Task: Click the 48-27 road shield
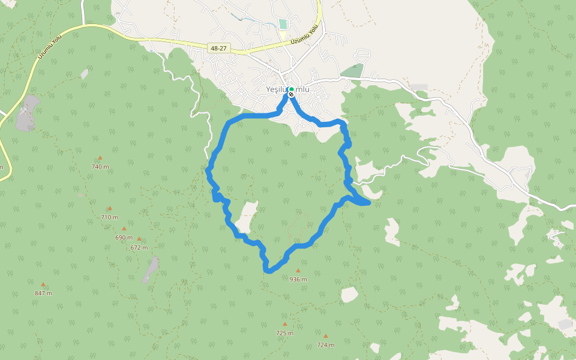click(x=218, y=47)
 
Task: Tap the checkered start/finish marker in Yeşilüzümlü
click(x=291, y=94)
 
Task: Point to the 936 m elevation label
click(x=298, y=279)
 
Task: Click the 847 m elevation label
click(x=43, y=293)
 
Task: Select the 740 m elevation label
click(x=100, y=166)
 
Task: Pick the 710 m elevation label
click(x=109, y=217)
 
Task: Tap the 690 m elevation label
click(x=124, y=237)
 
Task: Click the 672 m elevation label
click(x=139, y=247)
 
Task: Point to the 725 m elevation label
click(x=284, y=332)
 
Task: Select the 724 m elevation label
click(x=325, y=344)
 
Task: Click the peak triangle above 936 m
click(x=298, y=271)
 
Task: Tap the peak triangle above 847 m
click(x=43, y=284)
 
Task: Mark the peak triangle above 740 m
click(x=100, y=158)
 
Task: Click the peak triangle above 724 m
click(x=325, y=336)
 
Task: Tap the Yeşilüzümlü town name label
click(x=288, y=89)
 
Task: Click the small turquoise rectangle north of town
click(x=283, y=24)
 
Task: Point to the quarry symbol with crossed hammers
click(x=24, y=110)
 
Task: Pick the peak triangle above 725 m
click(x=284, y=324)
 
